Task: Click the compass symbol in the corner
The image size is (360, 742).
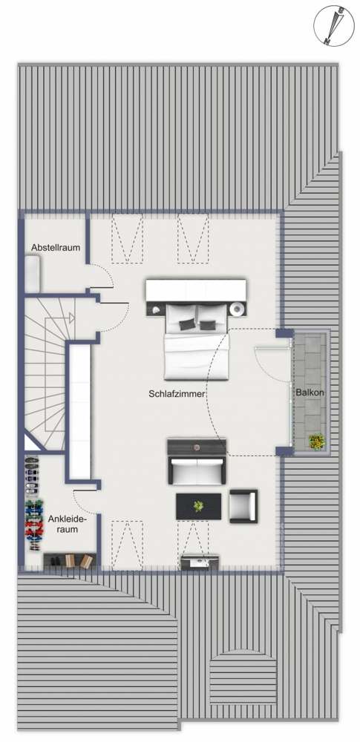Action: click(333, 25)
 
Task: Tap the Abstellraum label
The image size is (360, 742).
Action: click(56, 247)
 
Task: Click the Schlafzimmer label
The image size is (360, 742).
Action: click(176, 393)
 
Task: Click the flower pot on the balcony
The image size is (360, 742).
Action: click(316, 442)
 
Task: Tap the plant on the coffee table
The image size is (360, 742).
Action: click(198, 506)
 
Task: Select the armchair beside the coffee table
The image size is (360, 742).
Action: click(243, 506)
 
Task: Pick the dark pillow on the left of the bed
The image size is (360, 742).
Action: click(186, 324)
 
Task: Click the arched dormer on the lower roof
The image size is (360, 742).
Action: click(243, 677)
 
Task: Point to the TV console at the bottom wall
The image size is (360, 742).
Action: click(200, 562)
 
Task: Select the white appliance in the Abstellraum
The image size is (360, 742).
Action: click(32, 275)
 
